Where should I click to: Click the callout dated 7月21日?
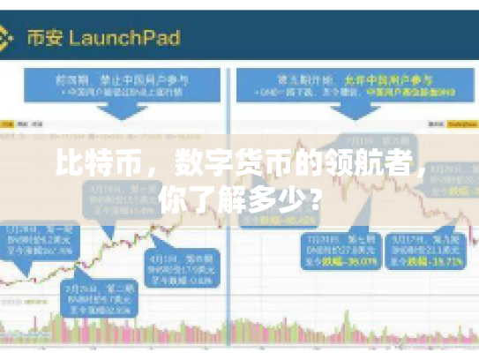pyautogui.click(x=338, y=251)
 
